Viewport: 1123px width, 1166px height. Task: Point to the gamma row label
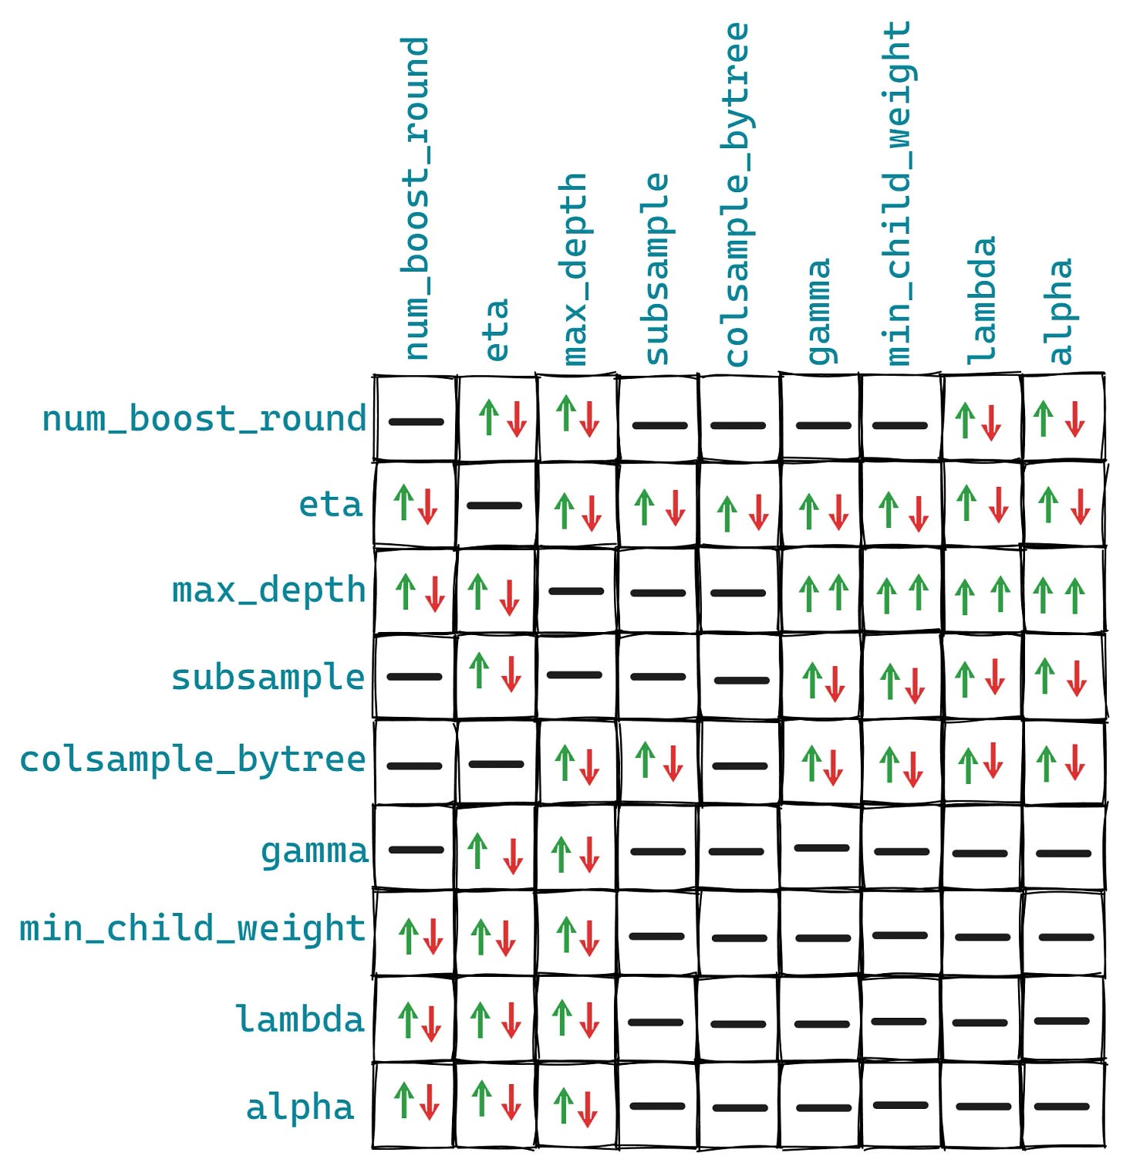[314, 851]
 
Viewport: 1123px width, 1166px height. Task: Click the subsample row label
[268, 678]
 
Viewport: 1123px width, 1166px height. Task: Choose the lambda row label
[299, 1019]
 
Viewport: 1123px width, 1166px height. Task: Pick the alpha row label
[299, 1107]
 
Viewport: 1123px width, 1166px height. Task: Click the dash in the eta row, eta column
[494, 505]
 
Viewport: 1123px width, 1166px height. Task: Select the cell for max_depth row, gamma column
[821, 593]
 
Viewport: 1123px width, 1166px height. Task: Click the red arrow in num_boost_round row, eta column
[517, 419]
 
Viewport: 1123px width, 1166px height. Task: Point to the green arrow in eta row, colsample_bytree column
[727, 514]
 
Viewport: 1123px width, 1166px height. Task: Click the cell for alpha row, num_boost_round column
[415, 1103]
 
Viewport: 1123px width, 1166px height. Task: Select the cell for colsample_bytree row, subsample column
[658, 762]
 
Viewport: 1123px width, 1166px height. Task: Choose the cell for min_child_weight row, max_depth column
[577, 934]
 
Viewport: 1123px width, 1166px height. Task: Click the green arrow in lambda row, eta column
[481, 1019]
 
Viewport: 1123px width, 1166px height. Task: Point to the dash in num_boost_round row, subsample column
[659, 425]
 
